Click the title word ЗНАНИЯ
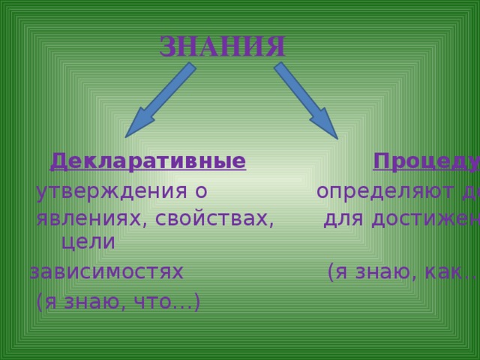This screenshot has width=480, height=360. (x=223, y=46)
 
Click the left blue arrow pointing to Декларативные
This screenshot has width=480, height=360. (x=160, y=100)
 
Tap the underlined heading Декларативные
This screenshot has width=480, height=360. (x=148, y=161)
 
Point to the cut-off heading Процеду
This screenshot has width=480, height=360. (x=426, y=161)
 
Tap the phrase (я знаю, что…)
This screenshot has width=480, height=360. (x=118, y=301)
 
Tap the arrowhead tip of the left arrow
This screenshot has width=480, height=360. (x=127, y=136)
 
